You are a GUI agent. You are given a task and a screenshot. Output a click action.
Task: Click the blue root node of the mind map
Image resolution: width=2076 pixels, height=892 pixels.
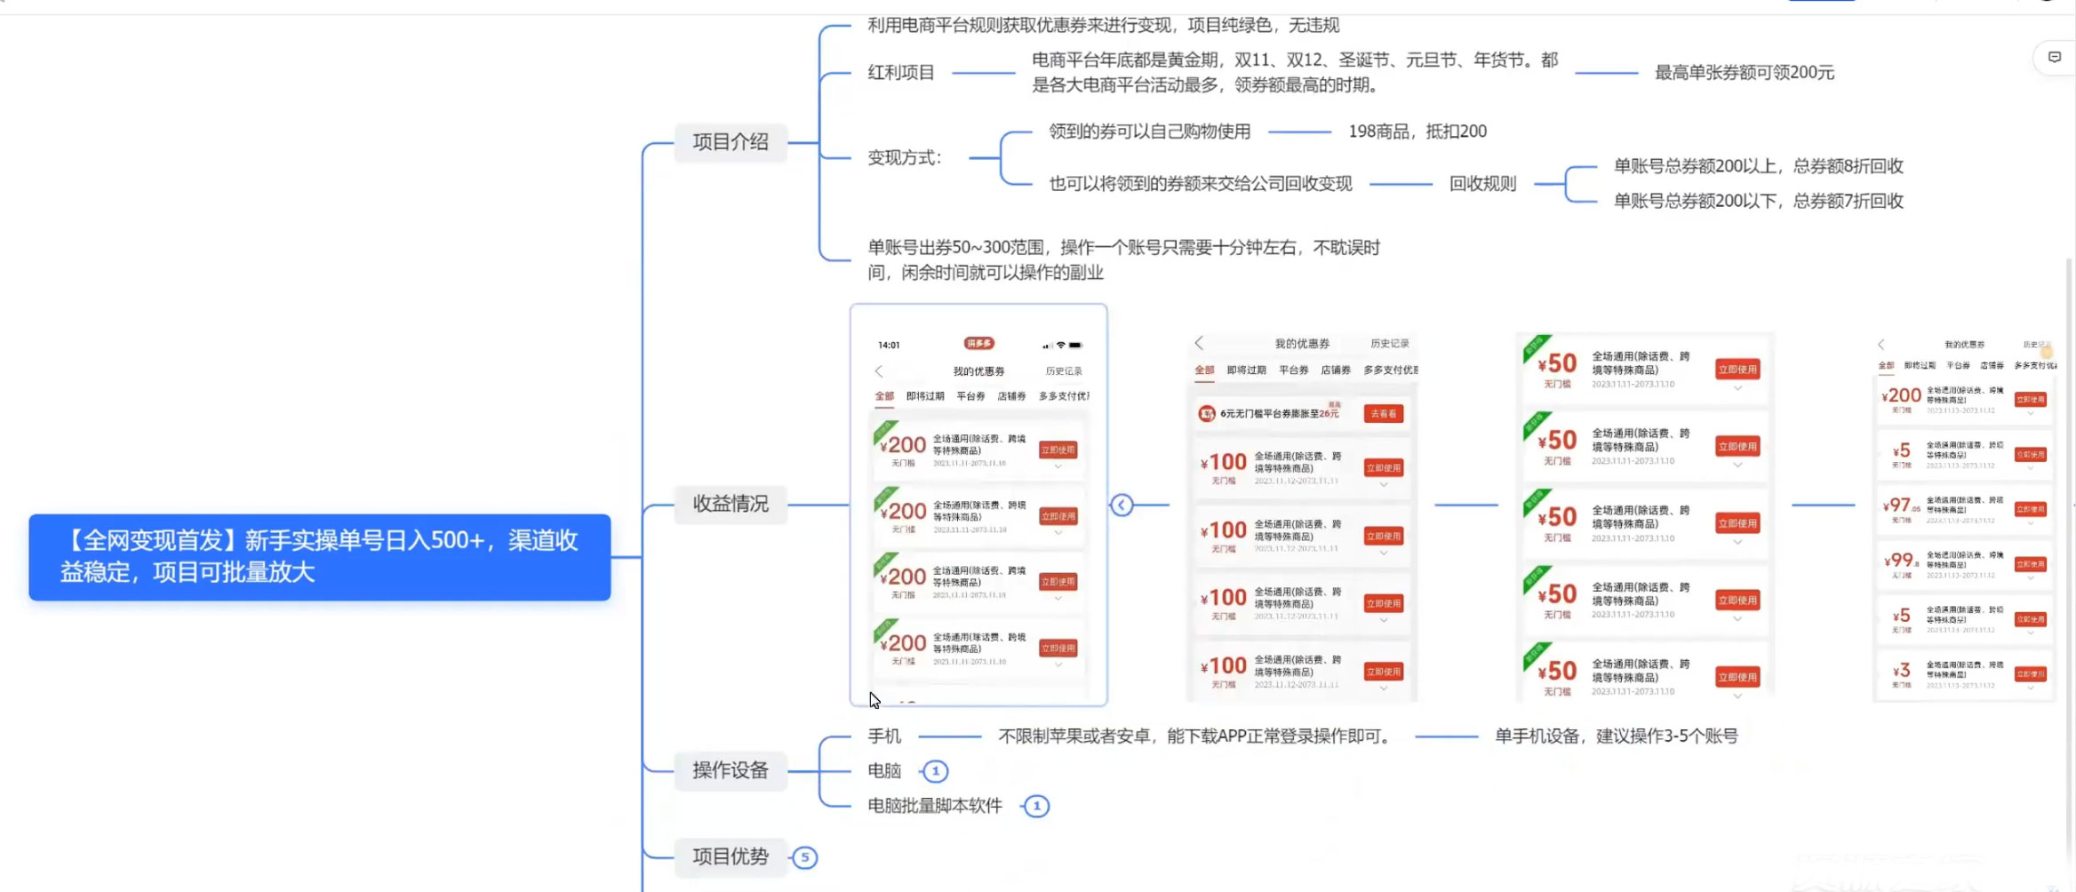pos(319,557)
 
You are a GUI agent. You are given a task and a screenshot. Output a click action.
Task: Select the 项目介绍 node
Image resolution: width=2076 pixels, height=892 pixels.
pos(730,142)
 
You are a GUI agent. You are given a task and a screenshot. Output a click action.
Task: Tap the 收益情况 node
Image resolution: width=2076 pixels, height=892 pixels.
pos(730,504)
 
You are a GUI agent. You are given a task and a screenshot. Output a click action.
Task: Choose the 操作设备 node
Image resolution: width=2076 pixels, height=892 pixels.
pos(730,770)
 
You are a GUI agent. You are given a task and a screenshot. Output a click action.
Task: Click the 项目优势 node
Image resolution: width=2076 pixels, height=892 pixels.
pos(730,856)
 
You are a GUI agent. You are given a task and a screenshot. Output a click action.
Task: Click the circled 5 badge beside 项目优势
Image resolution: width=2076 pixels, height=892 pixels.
pos(805,857)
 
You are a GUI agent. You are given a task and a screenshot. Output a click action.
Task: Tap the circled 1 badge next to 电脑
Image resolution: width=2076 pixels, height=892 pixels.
pos(935,771)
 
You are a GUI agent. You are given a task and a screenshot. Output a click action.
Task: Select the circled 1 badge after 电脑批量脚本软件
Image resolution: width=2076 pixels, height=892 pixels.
pos(1036,806)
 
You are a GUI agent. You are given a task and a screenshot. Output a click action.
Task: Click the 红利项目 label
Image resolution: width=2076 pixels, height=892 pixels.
pos(900,73)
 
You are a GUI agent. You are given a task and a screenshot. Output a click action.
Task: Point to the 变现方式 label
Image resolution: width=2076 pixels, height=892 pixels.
pos(904,158)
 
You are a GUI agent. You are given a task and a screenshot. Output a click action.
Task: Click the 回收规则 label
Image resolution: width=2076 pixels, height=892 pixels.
pos(1482,184)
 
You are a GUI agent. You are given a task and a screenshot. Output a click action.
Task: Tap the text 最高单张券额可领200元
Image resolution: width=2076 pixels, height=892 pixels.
pos(1744,73)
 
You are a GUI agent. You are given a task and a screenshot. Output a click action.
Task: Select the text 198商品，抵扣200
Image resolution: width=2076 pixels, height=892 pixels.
pos(1417,131)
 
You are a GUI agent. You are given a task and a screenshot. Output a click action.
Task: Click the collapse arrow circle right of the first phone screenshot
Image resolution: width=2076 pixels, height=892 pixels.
pos(1122,505)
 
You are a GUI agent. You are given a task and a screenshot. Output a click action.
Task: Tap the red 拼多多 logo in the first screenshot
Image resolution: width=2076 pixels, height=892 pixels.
pos(978,344)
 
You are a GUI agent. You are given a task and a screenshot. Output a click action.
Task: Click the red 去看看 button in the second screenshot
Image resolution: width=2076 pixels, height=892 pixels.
pos(1383,414)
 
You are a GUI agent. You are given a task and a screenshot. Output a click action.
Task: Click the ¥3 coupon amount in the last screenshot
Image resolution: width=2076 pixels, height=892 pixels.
pos(1901,671)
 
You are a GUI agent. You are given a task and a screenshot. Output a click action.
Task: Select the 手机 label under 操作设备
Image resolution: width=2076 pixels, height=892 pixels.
pos(884,737)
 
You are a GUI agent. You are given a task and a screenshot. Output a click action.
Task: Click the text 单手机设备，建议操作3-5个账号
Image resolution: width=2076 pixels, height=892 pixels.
pos(1616,737)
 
